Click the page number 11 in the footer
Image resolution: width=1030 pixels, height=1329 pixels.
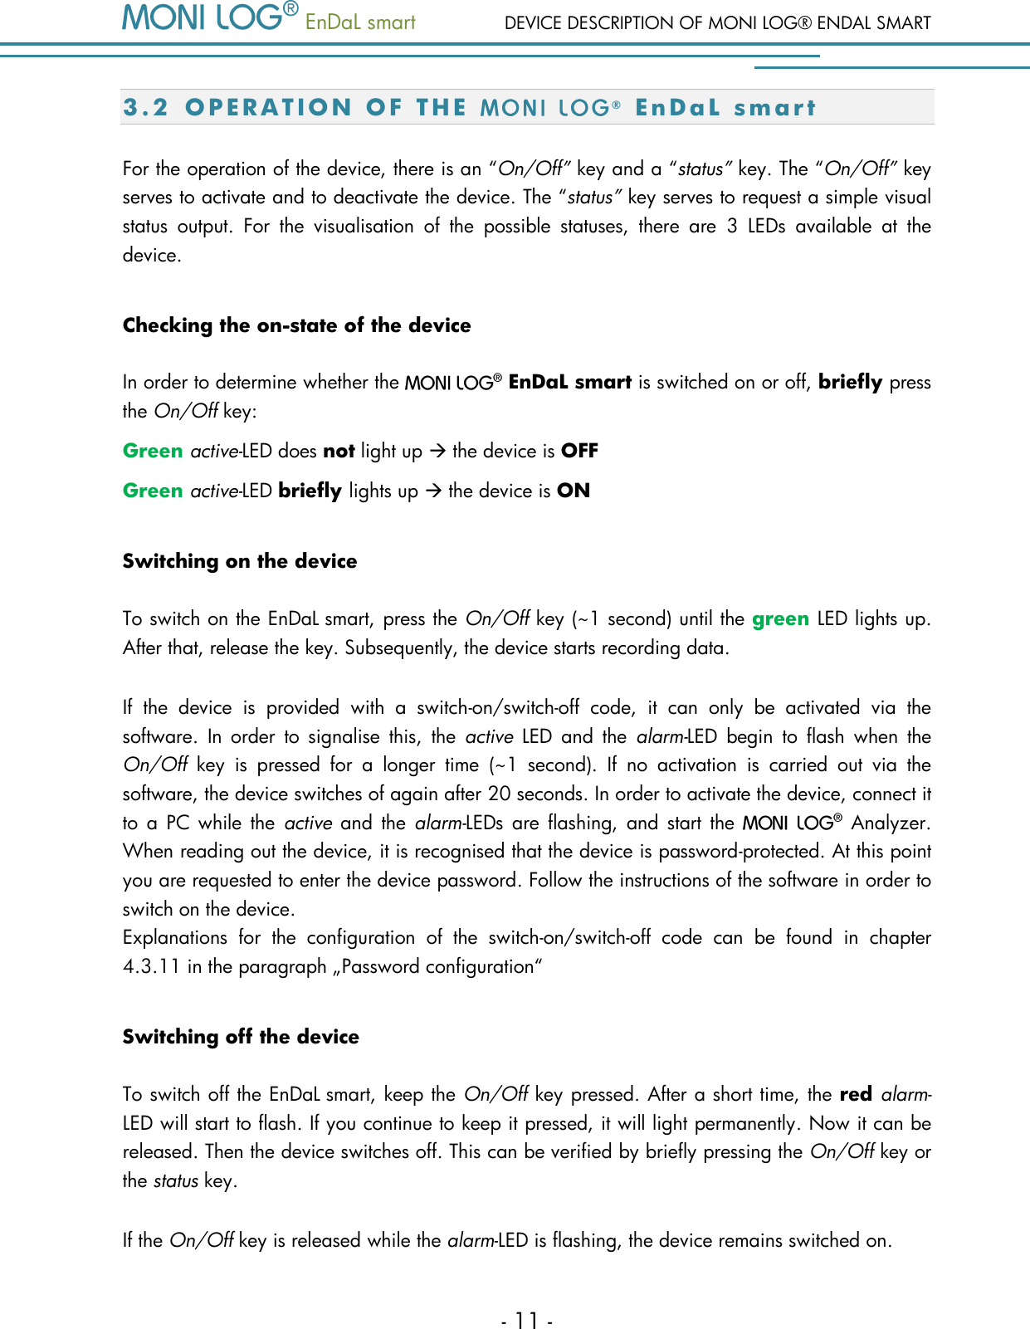526,1320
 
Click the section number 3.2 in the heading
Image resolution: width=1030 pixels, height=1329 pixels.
145,108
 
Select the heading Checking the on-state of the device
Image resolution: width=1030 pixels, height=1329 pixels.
296,325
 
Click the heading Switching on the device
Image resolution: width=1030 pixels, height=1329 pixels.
240,561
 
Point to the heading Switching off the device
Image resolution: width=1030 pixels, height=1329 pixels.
241,1037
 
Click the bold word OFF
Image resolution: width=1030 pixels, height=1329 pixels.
579,451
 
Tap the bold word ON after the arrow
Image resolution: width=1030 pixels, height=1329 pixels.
573,491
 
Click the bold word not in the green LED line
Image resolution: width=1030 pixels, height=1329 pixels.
339,451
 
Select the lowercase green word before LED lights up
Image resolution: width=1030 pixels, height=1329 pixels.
780,619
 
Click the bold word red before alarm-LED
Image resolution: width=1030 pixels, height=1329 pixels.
856,1094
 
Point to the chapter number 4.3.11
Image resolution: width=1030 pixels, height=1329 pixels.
152,967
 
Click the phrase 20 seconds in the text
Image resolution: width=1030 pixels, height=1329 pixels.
539,794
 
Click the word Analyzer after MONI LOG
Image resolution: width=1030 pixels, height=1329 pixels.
890,823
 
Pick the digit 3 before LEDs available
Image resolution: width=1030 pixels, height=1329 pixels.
732,227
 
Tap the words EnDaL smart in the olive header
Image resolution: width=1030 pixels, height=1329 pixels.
360,22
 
